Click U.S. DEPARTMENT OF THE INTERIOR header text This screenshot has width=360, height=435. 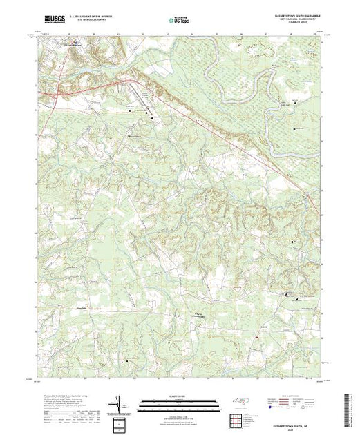pos(94,15)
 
